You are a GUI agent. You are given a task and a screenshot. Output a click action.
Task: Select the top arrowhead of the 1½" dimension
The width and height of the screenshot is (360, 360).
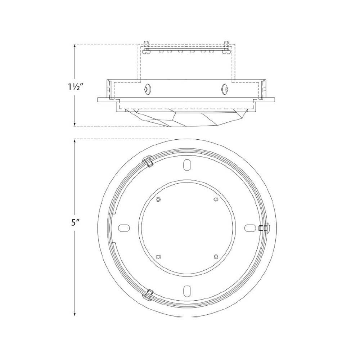tap(75, 46)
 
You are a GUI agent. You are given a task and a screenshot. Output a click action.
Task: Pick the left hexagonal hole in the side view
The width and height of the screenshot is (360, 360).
tap(147, 89)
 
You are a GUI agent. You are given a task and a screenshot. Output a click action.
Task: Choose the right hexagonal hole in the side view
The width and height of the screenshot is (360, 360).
tap(225, 89)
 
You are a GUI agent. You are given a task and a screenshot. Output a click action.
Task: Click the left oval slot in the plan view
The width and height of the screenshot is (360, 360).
tap(125, 228)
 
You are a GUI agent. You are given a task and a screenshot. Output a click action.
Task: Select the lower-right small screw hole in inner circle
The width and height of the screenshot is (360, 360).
tap(216, 256)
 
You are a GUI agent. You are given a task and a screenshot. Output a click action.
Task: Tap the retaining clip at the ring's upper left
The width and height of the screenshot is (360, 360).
tap(148, 161)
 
